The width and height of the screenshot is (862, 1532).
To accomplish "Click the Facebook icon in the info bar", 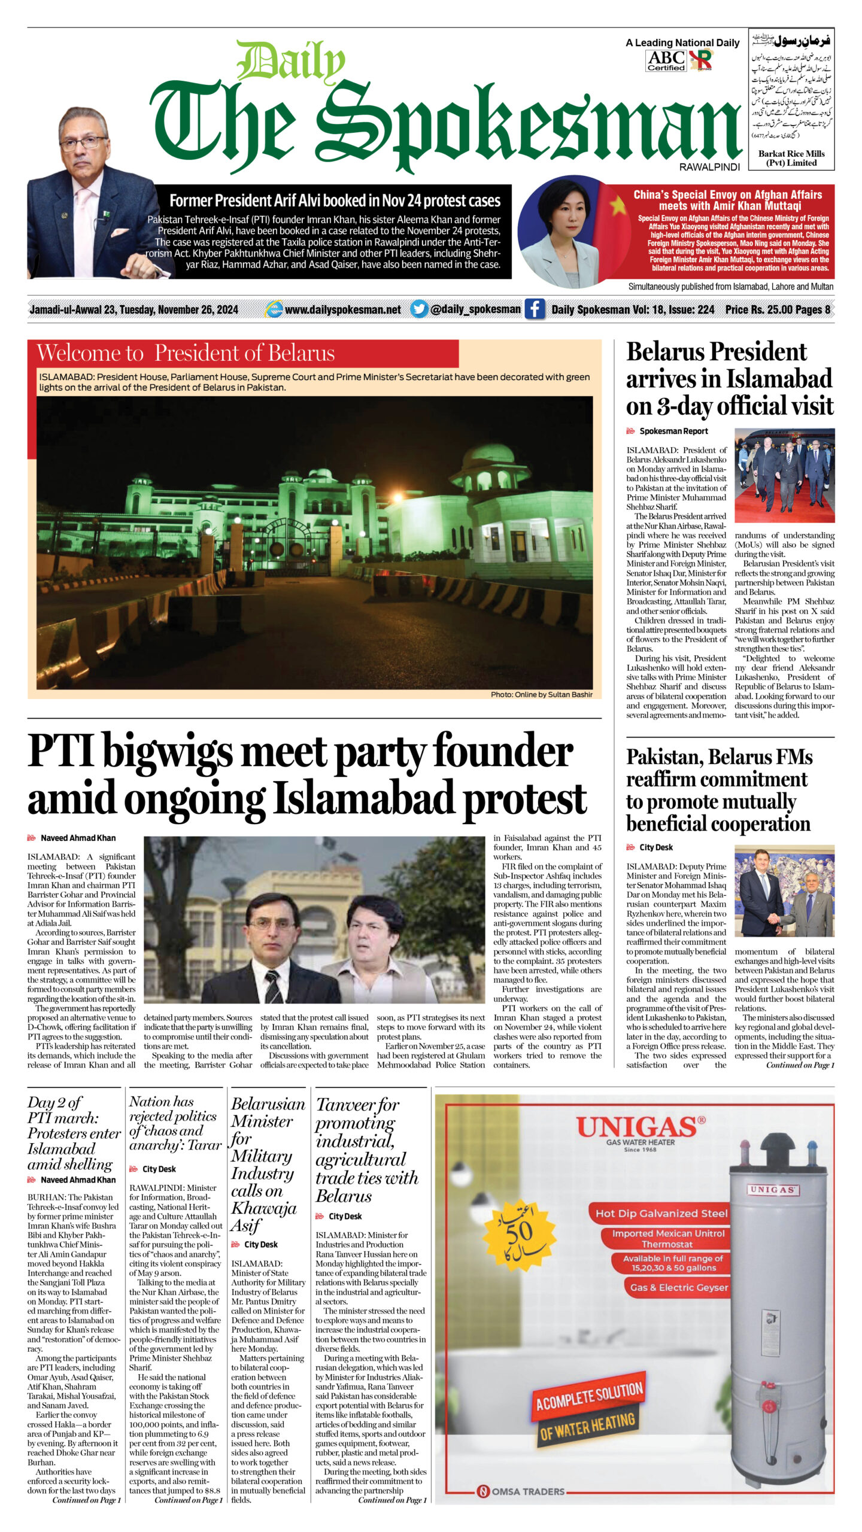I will (x=535, y=309).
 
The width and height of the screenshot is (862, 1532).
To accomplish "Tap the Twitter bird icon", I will (x=419, y=309).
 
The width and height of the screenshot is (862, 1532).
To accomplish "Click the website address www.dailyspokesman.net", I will (x=342, y=309).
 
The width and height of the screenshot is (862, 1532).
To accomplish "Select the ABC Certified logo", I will (x=666, y=60).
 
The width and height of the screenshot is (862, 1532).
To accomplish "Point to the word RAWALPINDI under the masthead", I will (x=709, y=167).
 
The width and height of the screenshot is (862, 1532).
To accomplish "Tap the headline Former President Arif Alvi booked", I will (x=335, y=200).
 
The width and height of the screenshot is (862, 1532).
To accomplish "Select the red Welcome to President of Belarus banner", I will (x=242, y=353).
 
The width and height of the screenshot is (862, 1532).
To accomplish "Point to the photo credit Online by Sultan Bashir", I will (x=541, y=694).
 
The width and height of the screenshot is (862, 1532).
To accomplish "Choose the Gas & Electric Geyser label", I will (x=678, y=1287).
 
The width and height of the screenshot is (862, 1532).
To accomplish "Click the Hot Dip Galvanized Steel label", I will (x=661, y=1213).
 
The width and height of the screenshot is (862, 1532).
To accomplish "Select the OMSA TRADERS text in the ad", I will (x=527, y=1491).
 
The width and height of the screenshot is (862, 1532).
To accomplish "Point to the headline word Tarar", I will (x=205, y=1145).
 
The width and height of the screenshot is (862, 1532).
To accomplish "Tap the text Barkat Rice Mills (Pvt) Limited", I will (x=791, y=158).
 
